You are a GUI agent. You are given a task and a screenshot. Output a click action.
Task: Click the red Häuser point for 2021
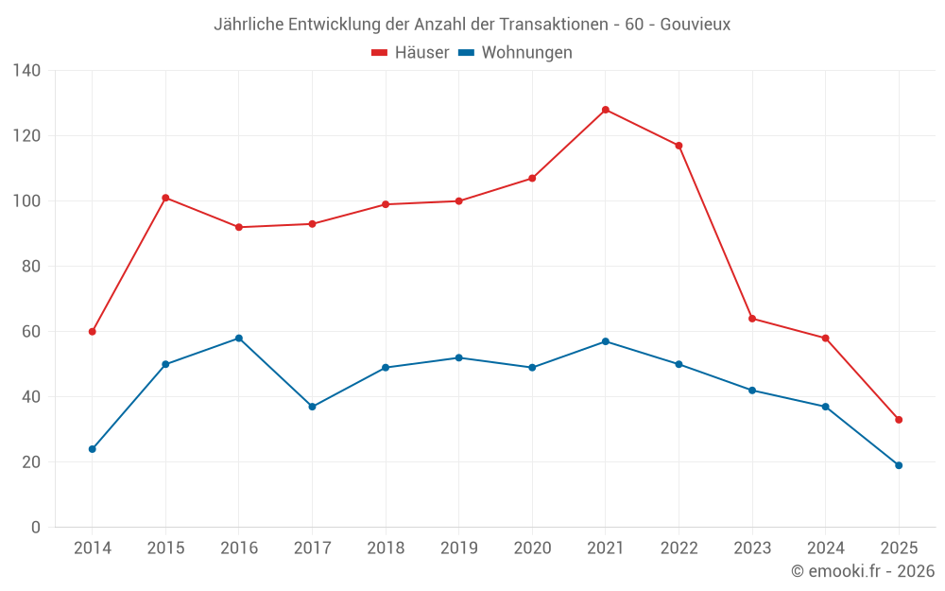tap(606, 110)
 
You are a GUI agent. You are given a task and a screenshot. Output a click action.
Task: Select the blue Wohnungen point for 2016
tap(239, 339)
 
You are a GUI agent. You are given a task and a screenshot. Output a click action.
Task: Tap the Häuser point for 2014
tap(93, 332)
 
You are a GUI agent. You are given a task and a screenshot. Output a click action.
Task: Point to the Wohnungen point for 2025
tap(899, 465)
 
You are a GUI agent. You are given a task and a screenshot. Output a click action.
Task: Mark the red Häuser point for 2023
tap(752, 319)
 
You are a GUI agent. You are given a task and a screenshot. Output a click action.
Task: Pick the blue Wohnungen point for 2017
tap(312, 407)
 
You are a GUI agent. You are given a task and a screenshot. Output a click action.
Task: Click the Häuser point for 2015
tap(165, 198)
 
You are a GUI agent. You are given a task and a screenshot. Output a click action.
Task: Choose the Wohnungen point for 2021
tap(606, 341)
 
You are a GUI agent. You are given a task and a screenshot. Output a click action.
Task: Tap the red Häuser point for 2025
tap(899, 420)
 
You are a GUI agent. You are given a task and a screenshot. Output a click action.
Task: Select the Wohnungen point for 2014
tap(93, 449)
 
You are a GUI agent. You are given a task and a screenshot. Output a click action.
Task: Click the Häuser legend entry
tap(410, 53)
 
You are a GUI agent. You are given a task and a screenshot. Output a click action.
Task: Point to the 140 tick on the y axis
tap(27, 71)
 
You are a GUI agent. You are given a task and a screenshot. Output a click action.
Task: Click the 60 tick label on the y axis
tap(31, 332)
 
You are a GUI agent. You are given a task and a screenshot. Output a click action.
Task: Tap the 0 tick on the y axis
tap(36, 528)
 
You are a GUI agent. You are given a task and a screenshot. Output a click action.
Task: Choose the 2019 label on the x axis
tap(458, 548)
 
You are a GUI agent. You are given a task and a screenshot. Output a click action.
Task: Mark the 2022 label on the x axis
tap(679, 548)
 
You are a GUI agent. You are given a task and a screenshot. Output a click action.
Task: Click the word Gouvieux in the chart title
tap(695, 25)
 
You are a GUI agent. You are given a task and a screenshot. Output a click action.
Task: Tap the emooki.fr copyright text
tap(863, 571)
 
